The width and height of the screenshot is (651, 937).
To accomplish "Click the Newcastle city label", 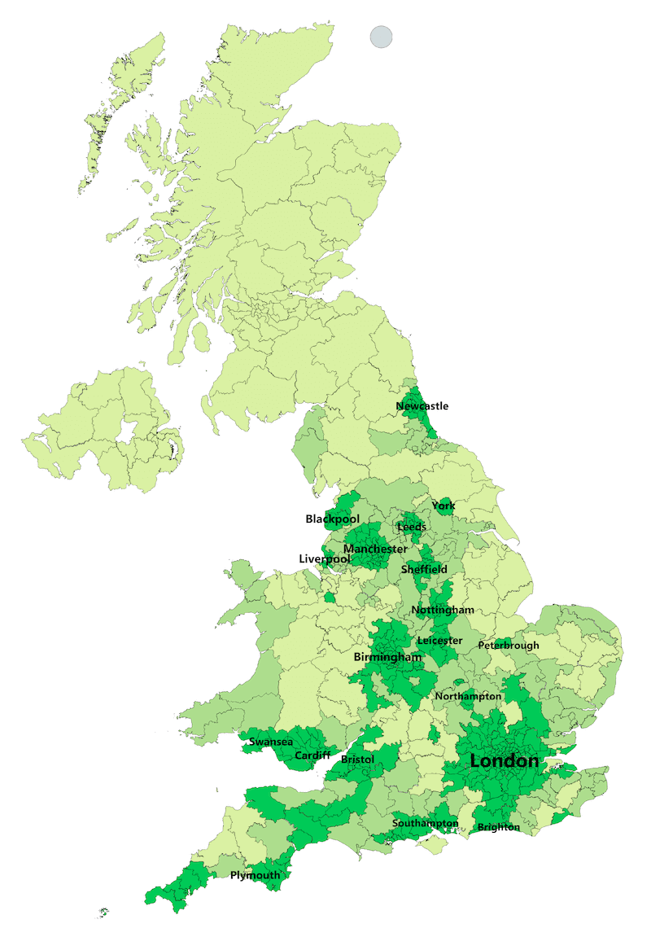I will (422, 406).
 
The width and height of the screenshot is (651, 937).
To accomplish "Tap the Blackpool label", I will (332, 519).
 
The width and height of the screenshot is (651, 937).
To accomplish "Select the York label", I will (443, 506).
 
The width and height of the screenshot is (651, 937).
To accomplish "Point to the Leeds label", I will (411, 528).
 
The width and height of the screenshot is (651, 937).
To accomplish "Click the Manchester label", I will (375, 550).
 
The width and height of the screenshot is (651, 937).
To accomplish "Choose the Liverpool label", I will (325, 559).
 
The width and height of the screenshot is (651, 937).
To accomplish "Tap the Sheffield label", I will (423, 570).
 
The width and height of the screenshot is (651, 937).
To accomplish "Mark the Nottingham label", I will (443, 611).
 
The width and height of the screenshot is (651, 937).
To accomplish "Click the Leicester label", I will (439, 641).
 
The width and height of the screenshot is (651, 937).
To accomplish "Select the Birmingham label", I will (387, 657).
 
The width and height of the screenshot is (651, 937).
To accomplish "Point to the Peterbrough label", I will (509, 646).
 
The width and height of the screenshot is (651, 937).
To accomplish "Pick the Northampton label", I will (468, 697).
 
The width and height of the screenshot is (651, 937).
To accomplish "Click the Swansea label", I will (271, 742).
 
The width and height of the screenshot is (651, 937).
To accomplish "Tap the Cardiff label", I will (312, 756).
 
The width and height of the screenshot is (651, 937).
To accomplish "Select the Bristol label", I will (357, 760).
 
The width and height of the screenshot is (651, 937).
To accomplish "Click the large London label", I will (505, 761).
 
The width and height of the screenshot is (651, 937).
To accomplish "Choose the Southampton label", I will (425, 824).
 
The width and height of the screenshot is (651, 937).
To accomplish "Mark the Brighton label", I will (499, 828).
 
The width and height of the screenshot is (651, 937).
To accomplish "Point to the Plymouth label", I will (255, 876).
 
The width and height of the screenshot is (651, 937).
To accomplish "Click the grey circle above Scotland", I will (381, 37).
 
